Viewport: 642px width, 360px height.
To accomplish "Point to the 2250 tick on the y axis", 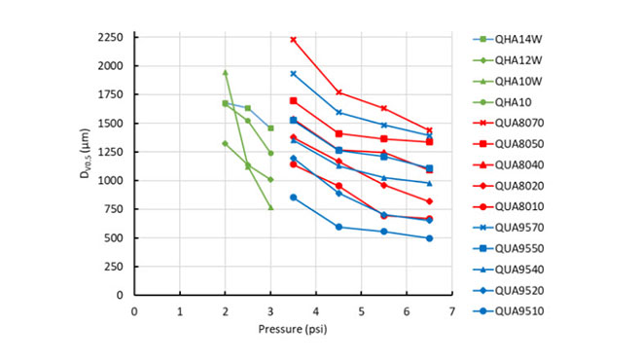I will click(109, 38).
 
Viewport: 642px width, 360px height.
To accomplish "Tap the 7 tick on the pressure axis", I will click(451, 311).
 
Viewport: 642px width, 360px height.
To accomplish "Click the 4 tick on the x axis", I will click(316, 311).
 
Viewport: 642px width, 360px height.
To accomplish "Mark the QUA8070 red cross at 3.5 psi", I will click(293, 40).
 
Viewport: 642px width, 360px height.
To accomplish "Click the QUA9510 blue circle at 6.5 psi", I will click(429, 238).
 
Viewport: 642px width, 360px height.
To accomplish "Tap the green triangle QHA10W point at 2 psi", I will click(225, 72).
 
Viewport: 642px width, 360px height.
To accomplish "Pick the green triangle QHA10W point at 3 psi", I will click(270, 207).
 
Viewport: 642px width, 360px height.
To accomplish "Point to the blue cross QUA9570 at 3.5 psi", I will click(293, 74).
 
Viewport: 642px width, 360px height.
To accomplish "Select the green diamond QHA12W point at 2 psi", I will click(225, 143).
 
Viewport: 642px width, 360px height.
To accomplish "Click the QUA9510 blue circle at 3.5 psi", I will click(293, 198).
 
